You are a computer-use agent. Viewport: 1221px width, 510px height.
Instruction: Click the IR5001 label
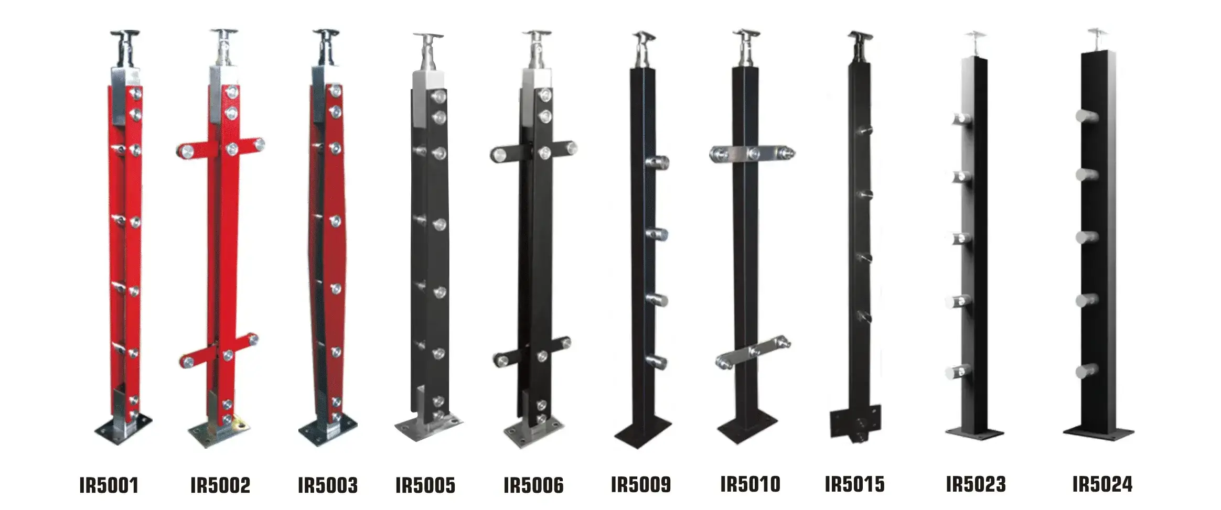pyautogui.click(x=109, y=485)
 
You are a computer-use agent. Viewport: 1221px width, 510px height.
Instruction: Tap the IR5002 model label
pyautogui.click(x=220, y=485)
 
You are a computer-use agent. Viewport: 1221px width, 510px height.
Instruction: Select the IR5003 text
pyautogui.click(x=328, y=485)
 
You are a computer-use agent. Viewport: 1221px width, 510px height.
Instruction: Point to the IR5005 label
pyautogui.click(x=425, y=485)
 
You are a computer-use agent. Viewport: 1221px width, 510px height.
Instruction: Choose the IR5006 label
pyautogui.click(x=533, y=485)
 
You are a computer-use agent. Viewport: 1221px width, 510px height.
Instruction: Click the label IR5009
pyautogui.click(x=641, y=485)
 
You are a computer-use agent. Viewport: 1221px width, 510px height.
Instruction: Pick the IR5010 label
pyautogui.click(x=750, y=484)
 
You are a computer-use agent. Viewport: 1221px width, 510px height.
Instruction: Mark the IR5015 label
pyautogui.click(x=854, y=484)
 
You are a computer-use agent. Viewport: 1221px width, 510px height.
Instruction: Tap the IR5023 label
pyautogui.click(x=976, y=484)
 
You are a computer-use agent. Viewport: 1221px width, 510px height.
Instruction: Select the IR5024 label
pyautogui.click(x=1102, y=484)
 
